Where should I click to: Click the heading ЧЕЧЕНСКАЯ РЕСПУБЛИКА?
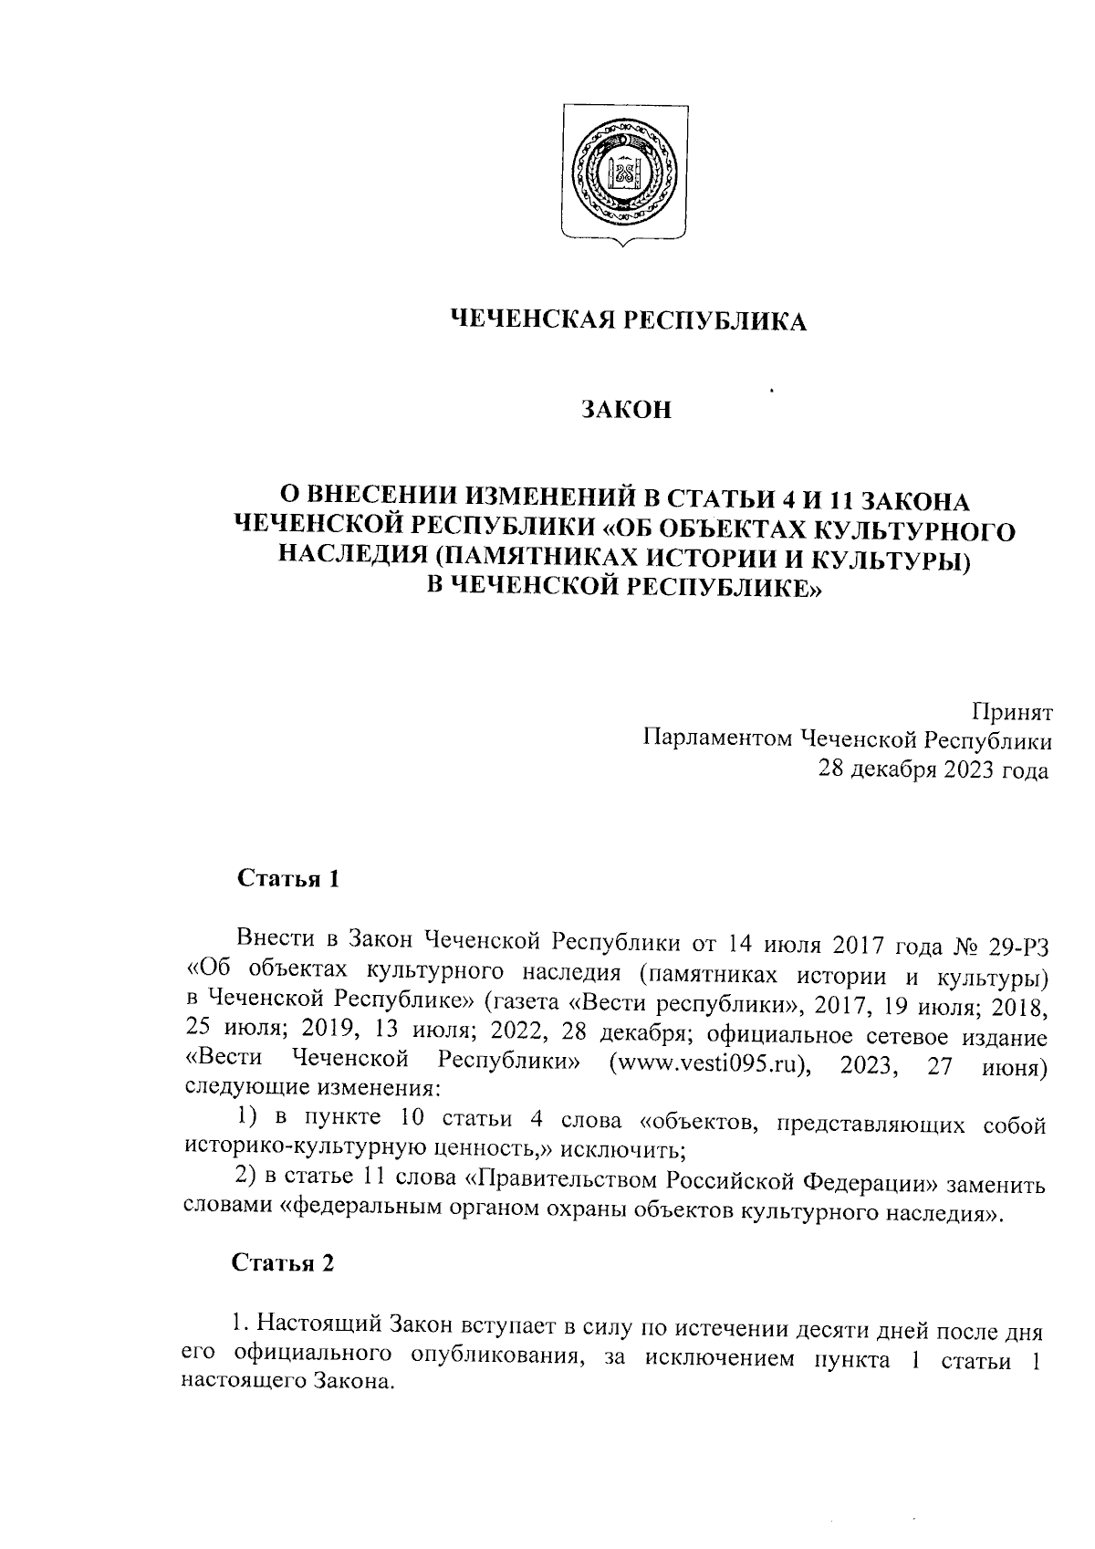pyautogui.click(x=630, y=321)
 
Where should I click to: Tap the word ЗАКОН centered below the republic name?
pyautogui.click(x=627, y=410)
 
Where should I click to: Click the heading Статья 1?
pyautogui.click(x=288, y=879)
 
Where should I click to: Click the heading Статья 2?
pyautogui.click(x=284, y=1263)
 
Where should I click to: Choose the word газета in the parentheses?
pyautogui.click(x=521, y=1003)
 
